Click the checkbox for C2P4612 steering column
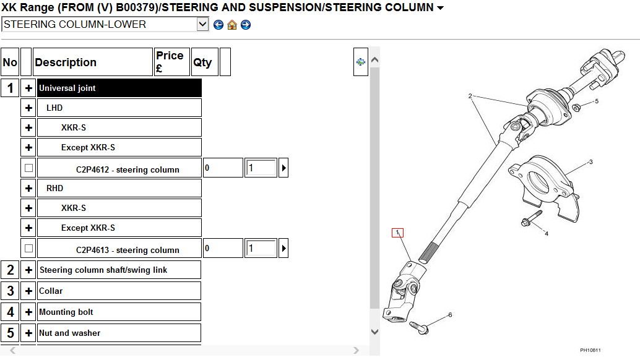click(x=28, y=168)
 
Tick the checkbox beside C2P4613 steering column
click(x=28, y=248)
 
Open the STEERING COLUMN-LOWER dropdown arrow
click(x=202, y=25)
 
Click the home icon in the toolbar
click(x=232, y=25)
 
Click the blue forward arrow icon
click(x=246, y=25)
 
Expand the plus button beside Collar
click(x=28, y=291)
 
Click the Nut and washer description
click(x=70, y=333)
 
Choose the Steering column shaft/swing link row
click(x=103, y=270)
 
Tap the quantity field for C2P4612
click(x=261, y=168)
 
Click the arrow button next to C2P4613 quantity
click(x=283, y=249)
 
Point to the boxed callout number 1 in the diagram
click(x=397, y=233)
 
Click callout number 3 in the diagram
click(x=590, y=162)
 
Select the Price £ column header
click(x=171, y=62)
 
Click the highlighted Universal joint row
click(x=119, y=88)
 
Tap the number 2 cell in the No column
click(x=10, y=270)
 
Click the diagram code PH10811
click(x=590, y=350)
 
